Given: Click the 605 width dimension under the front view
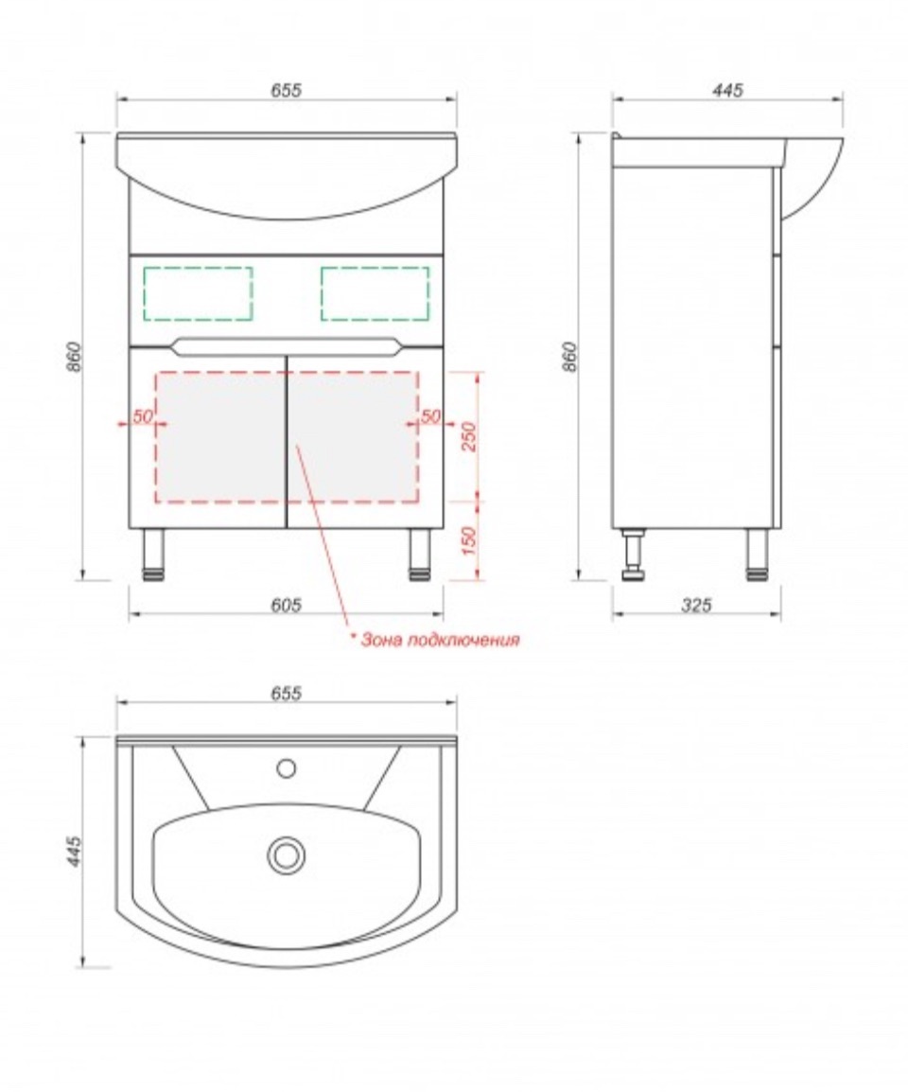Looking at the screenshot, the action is pos(286,605).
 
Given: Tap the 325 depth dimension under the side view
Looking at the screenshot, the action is pos(696,605).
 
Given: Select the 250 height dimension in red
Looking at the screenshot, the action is pos(469,436).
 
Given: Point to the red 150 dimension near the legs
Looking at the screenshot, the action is pos(469,540).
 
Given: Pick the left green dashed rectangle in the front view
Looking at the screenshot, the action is pos(198,294).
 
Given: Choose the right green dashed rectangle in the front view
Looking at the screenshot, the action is pos(375,294).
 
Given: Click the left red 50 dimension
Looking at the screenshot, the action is pos(143,416).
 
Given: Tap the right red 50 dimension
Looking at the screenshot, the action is pos(430,416).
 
